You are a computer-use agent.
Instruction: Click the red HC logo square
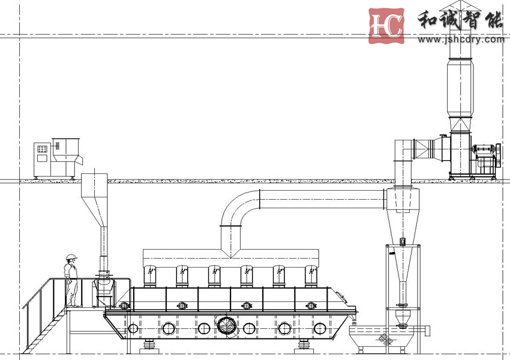click(x=386, y=26)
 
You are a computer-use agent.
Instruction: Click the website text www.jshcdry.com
click(x=461, y=40)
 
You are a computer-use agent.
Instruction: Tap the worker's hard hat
click(x=71, y=257)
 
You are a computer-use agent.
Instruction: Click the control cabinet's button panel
click(x=42, y=149)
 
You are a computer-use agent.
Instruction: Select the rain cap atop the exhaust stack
click(x=460, y=7)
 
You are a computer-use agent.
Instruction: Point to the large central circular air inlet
click(x=227, y=326)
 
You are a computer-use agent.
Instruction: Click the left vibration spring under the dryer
click(x=149, y=344)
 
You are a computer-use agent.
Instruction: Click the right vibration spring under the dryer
click(x=304, y=344)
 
